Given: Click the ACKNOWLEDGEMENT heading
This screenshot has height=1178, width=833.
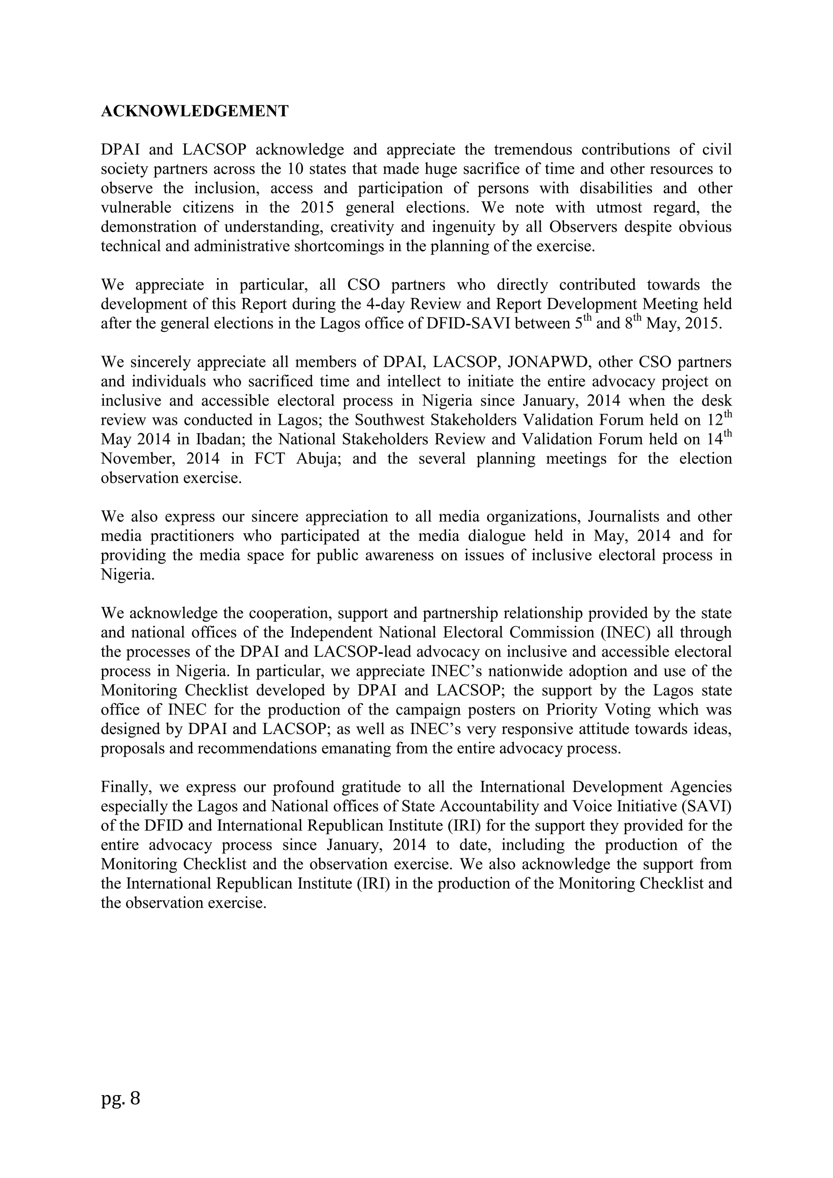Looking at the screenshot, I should pyautogui.click(x=194, y=111).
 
